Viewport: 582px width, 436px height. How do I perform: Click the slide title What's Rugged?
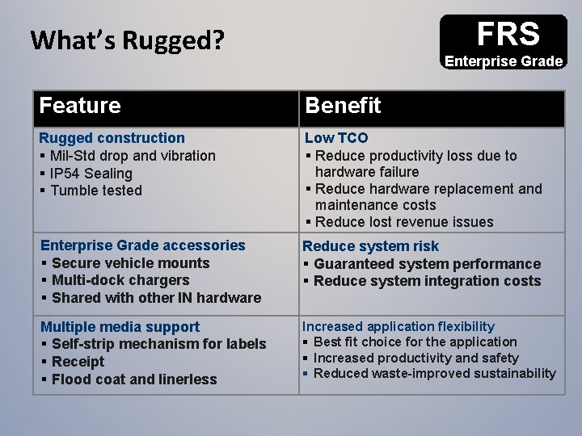click(126, 40)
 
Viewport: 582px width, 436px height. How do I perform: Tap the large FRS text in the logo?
click(508, 34)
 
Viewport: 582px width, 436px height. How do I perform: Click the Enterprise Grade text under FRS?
click(504, 61)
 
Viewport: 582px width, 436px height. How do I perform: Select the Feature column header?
click(80, 106)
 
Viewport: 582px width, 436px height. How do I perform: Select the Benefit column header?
click(343, 106)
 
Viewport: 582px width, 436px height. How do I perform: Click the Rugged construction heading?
click(112, 138)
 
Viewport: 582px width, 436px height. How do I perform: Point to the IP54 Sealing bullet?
click(91, 173)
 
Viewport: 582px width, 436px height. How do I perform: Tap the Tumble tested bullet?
click(96, 191)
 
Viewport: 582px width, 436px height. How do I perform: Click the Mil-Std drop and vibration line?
click(133, 155)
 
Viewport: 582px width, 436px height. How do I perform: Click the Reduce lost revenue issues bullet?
click(403, 222)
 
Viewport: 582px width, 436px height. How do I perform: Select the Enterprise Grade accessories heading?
click(142, 245)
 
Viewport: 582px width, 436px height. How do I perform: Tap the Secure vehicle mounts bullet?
click(130, 262)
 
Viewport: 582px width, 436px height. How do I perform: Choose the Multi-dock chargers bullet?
click(120, 280)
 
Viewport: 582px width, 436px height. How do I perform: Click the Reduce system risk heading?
click(371, 246)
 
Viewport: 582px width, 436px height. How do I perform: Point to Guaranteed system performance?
click(427, 264)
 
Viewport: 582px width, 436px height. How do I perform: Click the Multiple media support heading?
click(120, 327)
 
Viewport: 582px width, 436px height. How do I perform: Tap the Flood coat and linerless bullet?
click(134, 379)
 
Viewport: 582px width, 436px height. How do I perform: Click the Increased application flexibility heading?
click(399, 326)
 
